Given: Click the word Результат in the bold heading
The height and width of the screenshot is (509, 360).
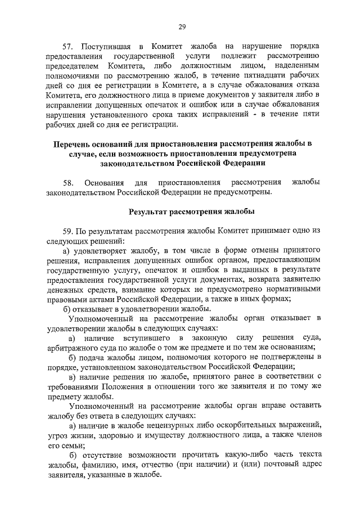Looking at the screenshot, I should (x=147, y=212).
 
